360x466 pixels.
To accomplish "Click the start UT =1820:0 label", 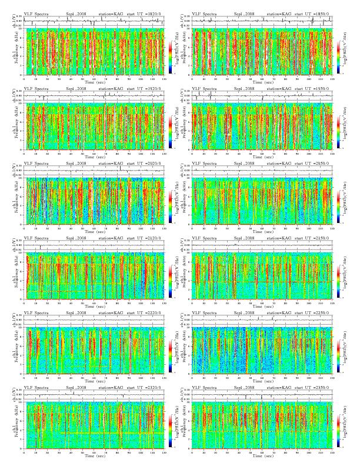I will pyautogui.click(x=148, y=12).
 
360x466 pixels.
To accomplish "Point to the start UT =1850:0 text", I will pyautogui.click(x=318, y=12).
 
